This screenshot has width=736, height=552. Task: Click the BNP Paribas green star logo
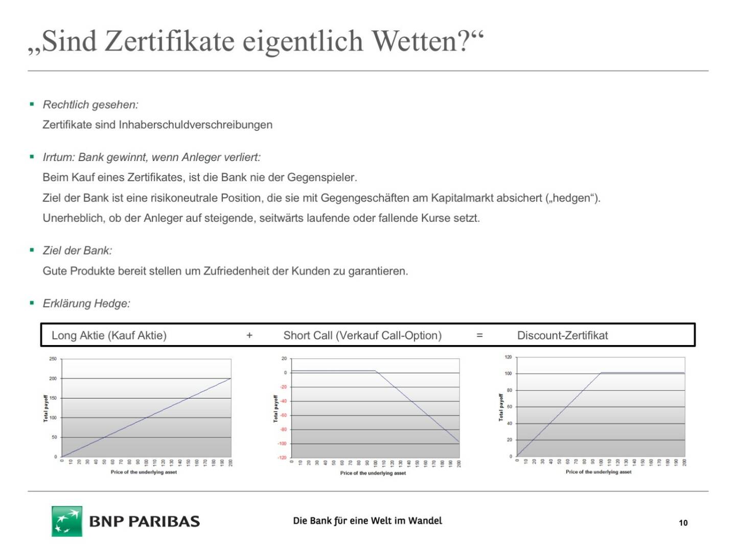pyautogui.click(x=66, y=521)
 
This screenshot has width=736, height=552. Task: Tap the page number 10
pyautogui.click(x=683, y=522)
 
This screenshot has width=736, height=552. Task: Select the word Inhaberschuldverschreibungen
pyautogui.click(x=195, y=125)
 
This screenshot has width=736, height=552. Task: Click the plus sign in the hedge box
pyautogui.click(x=249, y=335)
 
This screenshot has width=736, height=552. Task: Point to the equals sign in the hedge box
pyautogui.click(x=479, y=335)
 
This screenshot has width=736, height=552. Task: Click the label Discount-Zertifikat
pyautogui.click(x=562, y=335)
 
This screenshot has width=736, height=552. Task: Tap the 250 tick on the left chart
pyautogui.click(x=53, y=359)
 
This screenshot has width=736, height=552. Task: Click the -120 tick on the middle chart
pyautogui.click(x=282, y=457)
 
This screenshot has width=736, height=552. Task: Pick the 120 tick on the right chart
pyautogui.click(x=508, y=357)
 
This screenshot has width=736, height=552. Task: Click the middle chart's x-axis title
pyautogui.click(x=373, y=473)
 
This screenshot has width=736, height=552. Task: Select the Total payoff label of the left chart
pyautogui.click(x=45, y=408)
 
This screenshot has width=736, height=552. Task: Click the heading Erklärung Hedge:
pyautogui.click(x=86, y=304)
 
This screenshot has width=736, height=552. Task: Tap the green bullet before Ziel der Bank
pyautogui.click(x=32, y=250)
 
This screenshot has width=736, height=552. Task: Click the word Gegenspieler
pyautogui.click(x=321, y=178)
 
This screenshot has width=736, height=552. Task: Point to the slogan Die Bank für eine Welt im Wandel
pyautogui.click(x=367, y=521)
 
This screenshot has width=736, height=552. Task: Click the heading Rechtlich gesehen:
pyautogui.click(x=90, y=105)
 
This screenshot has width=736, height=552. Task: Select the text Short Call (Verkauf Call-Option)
pyautogui.click(x=362, y=335)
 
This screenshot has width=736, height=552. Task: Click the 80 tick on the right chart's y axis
pyautogui.click(x=509, y=390)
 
